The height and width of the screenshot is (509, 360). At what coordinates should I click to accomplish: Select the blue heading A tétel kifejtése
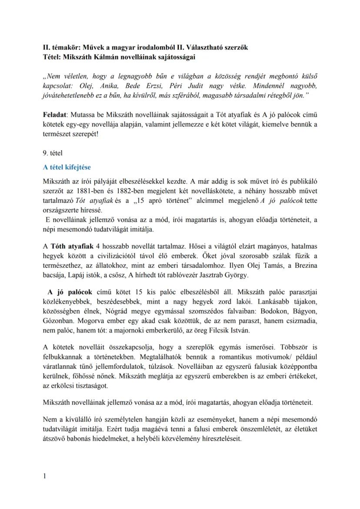pyautogui.click(x=67, y=167)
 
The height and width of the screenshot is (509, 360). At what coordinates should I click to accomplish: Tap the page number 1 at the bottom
pyautogui.click(x=45, y=476)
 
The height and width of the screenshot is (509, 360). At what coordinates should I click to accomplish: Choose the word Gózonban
pyautogui.click(x=57, y=323)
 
